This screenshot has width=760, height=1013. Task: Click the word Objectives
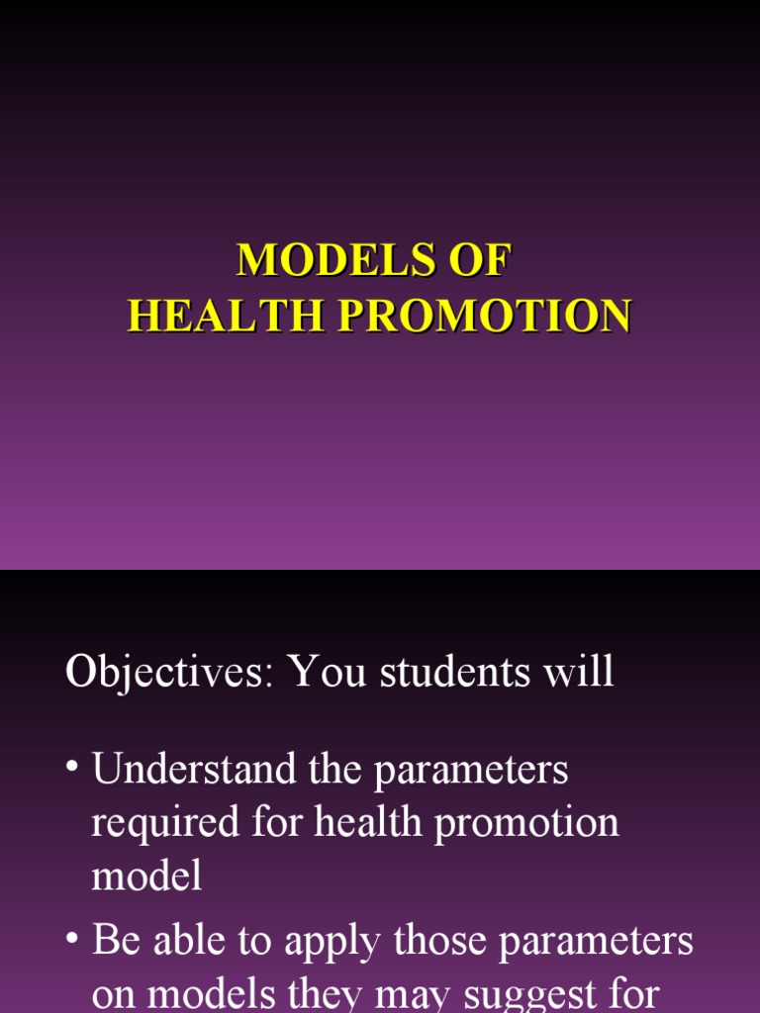pyautogui.click(x=169, y=674)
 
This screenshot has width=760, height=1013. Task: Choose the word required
pyautogui.click(x=165, y=823)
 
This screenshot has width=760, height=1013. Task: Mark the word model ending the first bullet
pyautogui.click(x=146, y=875)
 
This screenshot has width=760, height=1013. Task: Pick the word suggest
pyautogui.click(x=532, y=995)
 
